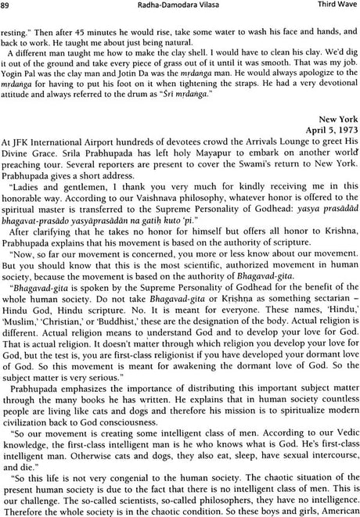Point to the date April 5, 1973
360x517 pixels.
pyautogui.click(x=333, y=155)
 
